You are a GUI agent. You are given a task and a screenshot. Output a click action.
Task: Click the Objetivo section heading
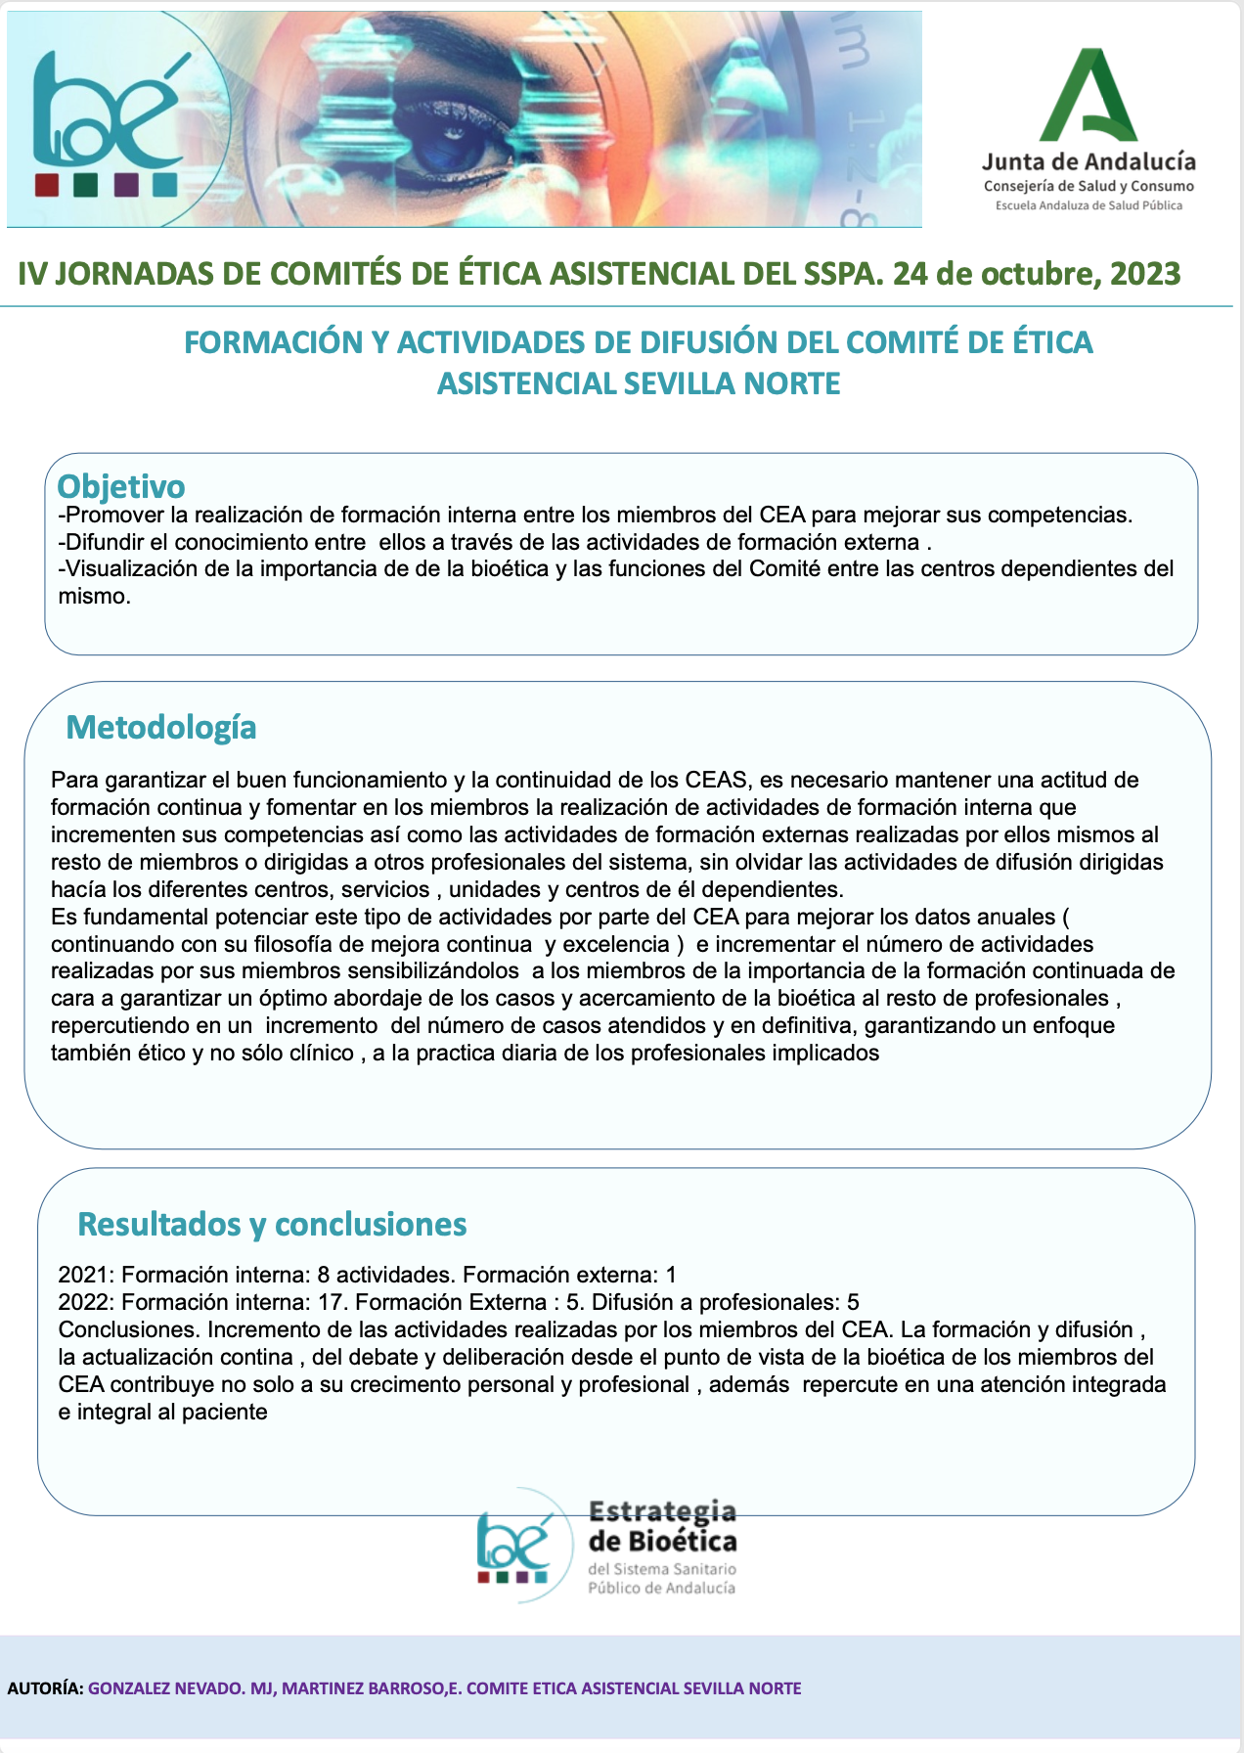[x=121, y=486]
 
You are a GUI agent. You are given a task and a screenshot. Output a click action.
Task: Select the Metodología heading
[x=161, y=727]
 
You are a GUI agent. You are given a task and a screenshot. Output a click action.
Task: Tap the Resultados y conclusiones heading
[x=272, y=1224]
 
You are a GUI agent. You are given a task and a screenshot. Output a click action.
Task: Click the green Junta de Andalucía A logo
[x=1088, y=98]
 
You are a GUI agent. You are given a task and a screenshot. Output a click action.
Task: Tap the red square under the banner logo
[x=47, y=185]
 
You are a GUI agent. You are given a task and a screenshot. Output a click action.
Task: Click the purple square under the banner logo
[x=126, y=185]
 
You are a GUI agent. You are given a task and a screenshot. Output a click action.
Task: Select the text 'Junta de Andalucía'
[x=1088, y=161]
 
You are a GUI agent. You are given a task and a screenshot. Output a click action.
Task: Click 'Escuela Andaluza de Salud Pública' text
[x=1088, y=205]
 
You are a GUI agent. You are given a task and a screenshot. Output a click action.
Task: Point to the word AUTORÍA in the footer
[x=45, y=1688]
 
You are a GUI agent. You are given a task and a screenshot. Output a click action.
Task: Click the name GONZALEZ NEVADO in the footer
[x=165, y=1688]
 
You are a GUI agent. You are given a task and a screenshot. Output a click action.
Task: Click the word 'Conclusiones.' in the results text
[x=129, y=1329]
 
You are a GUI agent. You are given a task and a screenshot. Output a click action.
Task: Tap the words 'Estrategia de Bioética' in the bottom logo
[x=662, y=1526]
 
